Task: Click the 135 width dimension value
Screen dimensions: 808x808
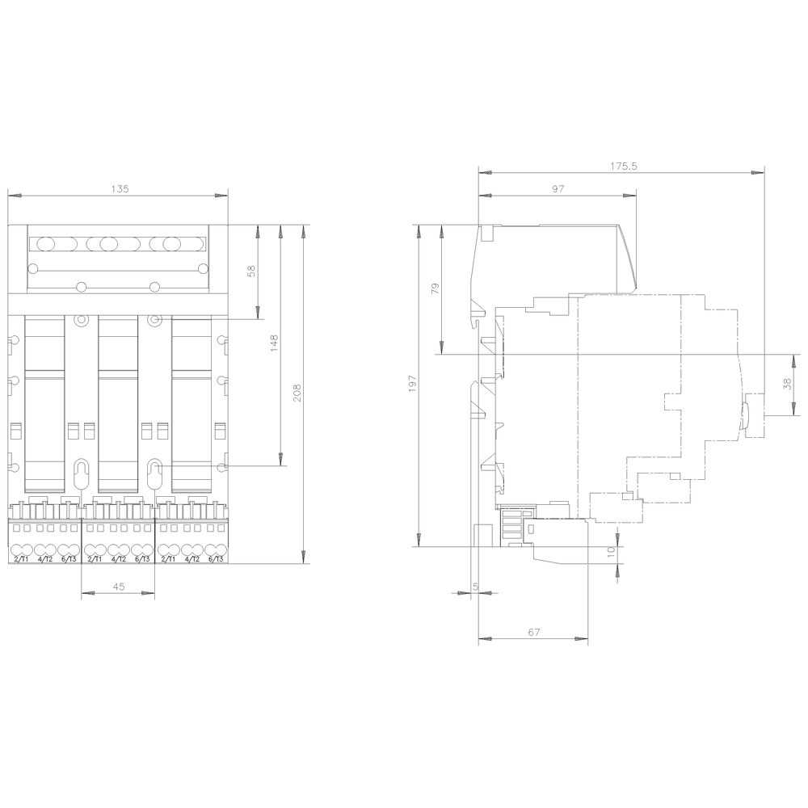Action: click(119, 189)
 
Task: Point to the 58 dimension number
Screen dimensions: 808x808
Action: click(251, 272)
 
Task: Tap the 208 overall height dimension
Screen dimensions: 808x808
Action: click(297, 393)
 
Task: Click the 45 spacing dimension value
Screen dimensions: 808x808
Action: click(119, 587)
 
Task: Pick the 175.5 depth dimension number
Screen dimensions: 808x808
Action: click(623, 166)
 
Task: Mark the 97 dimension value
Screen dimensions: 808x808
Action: click(558, 188)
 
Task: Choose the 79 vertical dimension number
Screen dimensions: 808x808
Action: click(436, 289)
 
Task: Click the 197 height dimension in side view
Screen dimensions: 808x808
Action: click(413, 385)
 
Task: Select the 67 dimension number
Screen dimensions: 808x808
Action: click(534, 633)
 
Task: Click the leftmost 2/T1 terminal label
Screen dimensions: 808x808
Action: click(21, 559)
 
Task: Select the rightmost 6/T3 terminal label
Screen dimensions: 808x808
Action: click(215, 559)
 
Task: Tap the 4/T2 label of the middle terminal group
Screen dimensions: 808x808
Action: click(118, 559)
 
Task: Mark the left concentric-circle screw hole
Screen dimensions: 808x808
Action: click(81, 320)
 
